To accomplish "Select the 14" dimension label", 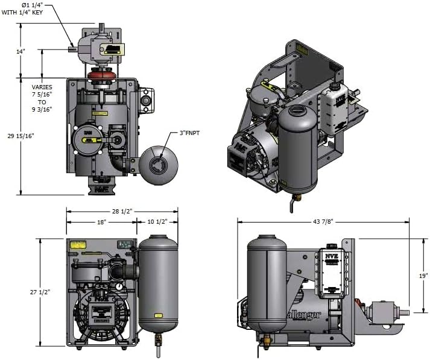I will coord(21,51).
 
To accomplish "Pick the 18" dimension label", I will coord(101,222).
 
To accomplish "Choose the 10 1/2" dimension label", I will coord(158,222).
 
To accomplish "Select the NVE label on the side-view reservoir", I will coord(331,256).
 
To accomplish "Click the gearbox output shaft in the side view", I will coord(403,312).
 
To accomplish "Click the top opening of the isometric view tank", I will coord(298,110).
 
